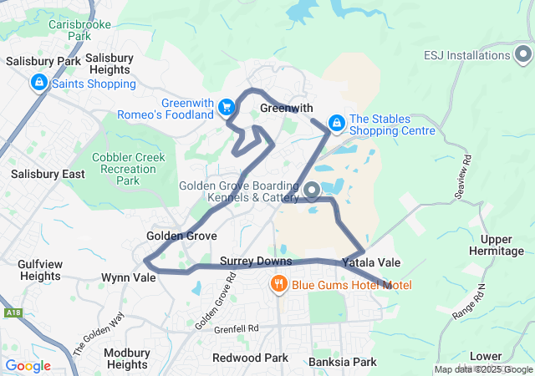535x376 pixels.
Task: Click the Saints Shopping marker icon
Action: pos(38,83)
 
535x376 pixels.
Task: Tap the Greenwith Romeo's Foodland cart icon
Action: pos(226,107)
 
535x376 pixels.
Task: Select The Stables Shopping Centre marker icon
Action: pos(336,124)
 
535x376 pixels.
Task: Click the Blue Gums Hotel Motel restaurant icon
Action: pos(279,285)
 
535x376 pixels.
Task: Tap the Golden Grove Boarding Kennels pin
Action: pos(312,192)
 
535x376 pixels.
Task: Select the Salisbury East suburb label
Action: pos(48,174)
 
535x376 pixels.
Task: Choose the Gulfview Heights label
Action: pos(40,270)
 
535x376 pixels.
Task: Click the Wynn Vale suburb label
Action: pos(128,277)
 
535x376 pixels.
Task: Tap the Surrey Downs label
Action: pos(255,261)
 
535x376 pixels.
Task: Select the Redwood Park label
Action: pos(250,358)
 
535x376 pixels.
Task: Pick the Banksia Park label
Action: pos(342,362)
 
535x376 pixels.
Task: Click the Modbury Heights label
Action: pos(127,358)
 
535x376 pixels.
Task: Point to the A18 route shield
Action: pos(13,312)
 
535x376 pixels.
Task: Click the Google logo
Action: pos(28,365)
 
